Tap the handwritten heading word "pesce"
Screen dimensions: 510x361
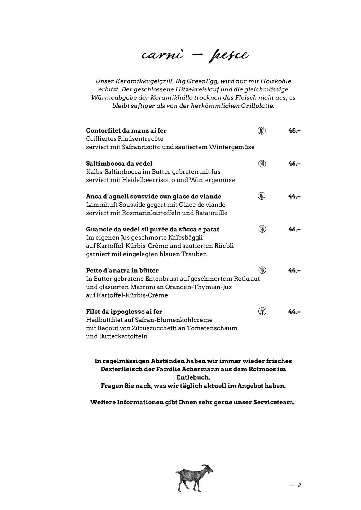pyautogui.click(x=228, y=55)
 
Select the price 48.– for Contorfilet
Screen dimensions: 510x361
pyautogui.click(x=294, y=130)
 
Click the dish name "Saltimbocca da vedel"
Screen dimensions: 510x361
pyautogui.click(x=119, y=164)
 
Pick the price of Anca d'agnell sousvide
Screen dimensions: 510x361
pyautogui.click(x=294, y=196)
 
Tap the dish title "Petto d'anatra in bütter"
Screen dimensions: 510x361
pyautogui.click(x=122, y=270)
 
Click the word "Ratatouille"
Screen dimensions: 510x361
pyautogui.click(x=211, y=213)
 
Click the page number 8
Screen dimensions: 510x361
pyautogui.click(x=299, y=485)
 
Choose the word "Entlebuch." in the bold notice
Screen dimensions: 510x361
pyautogui.click(x=193, y=377)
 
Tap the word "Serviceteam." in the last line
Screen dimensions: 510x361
pyautogui.click(x=274, y=402)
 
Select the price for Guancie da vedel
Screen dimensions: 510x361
pyautogui.click(x=294, y=229)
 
